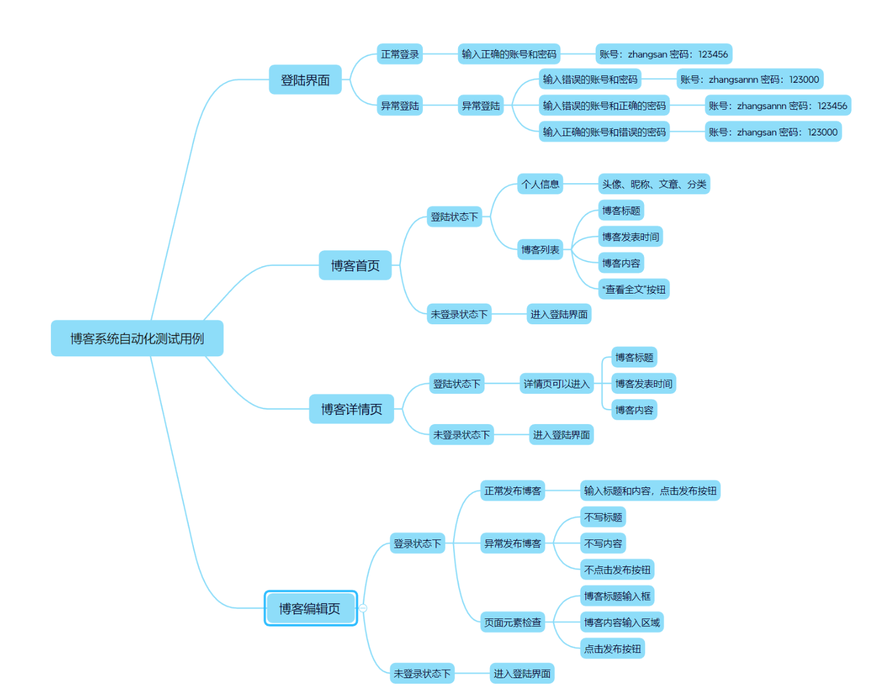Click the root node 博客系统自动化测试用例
pyautogui.click(x=137, y=339)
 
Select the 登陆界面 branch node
pyautogui.click(x=305, y=80)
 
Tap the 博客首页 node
pyautogui.click(x=355, y=265)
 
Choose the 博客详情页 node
pyautogui.click(x=351, y=409)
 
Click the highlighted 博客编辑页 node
pyautogui.click(x=310, y=608)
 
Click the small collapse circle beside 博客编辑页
pyautogui.click(x=363, y=608)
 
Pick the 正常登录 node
pyautogui.click(x=400, y=54)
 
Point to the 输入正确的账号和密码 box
pyautogui.click(x=509, y=54)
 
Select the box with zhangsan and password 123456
pyautogui.click(x=663, y=54)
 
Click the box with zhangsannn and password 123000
pyautogui.click(x=749, y=80)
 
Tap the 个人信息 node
pyautogui.click(x=540, y=184)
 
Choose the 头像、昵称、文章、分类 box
pyautogui.click(x=654, y=184)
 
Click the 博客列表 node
pyautogui.click(x=540, y=250)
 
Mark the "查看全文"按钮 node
pyautogui.click(x=634, y=289)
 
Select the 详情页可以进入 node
pyautogui.click(x=557, y=384)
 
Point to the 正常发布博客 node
pyautogui.click(x=512, y=491)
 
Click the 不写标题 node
pyautogui.click(x=603, y=517)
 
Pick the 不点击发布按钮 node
pyautogui.click(x=618, y=570)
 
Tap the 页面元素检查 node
pyautogui.click(x=512, y=622)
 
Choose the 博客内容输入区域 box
pyautogui.click(x=622, y=622)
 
